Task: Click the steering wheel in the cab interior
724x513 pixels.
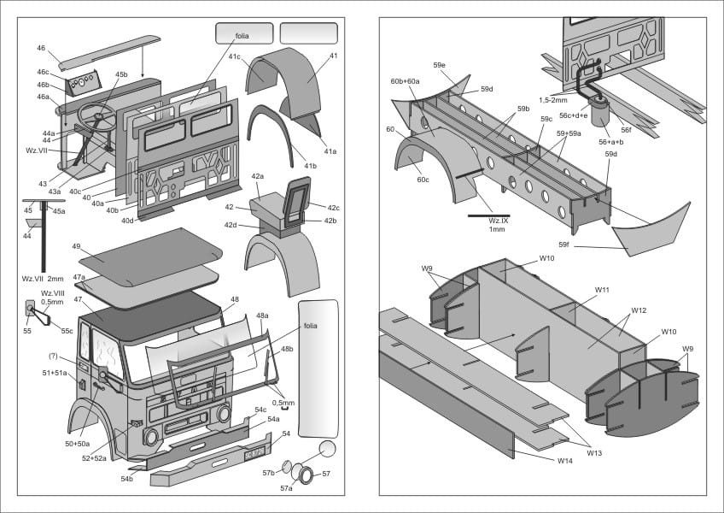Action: coord(96,114)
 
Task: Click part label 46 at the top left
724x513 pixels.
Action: coord(41,49)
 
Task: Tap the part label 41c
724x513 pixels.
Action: coord(234,56)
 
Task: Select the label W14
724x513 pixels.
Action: coord(564,461)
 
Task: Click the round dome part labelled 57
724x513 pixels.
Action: coord(325,451)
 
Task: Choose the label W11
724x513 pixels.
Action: coord(602,290)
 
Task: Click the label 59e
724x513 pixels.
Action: coord(439,65)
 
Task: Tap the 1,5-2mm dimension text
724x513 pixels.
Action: coord(554,99)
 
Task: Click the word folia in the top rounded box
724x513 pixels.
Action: coord(243,36)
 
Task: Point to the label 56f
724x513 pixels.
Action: coord(626,130)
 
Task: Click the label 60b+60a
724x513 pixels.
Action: coord(405,81)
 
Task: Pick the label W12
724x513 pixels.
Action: coord(639,310)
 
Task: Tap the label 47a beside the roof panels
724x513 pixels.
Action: coord(79,277)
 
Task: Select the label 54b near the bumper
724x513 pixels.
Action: coord(126,479)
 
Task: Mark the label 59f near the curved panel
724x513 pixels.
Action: coord(563,245)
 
